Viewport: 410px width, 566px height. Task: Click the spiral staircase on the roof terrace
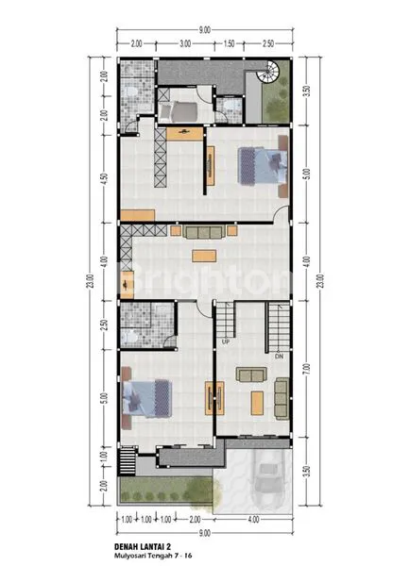click(x=267, y=74)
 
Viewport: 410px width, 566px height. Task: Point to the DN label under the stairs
click(x=279, y=357)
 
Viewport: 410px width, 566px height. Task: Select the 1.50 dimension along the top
click(x=230, y=43)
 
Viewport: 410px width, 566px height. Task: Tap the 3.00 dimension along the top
click(x=185, y=43)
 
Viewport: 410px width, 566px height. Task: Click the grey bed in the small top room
click(x=181, y=111)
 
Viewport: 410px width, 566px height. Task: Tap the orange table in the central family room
click(x=203, y=255)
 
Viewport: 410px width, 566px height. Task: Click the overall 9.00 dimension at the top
click(x=205, y=28)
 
